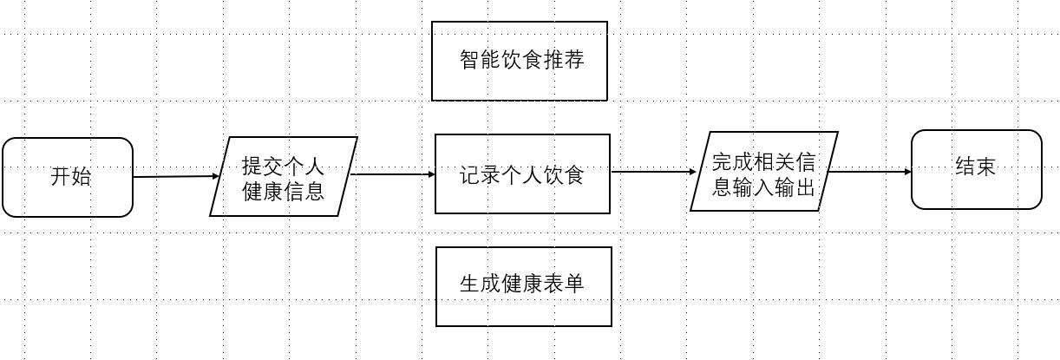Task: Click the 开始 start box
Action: pos(68,177)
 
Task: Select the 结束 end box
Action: pos(976,169)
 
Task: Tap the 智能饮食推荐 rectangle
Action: pos(520,61)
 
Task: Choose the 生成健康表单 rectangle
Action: pos(523,286)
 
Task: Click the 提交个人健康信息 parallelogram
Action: pos(284,176)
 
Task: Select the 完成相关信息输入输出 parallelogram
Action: pos(763,172)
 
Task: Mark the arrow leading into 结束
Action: pos(867,172)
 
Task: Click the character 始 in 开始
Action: pos(81,178)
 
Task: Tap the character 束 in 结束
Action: pos(986,168)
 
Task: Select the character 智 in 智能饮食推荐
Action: pos(468,60)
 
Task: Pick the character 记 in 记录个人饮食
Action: pos(469,174)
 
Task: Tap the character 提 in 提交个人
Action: pos(252,165)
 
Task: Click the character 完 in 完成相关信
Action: pos(722,162)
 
